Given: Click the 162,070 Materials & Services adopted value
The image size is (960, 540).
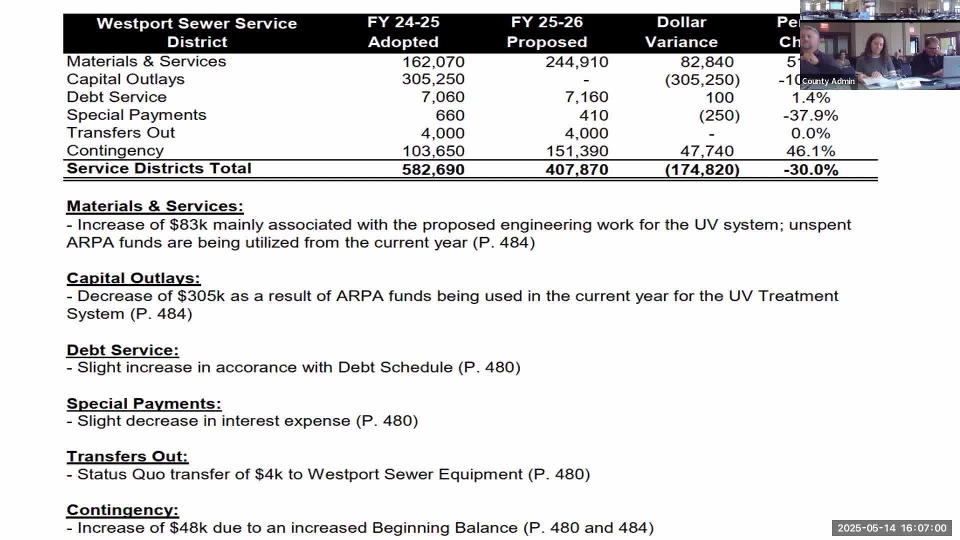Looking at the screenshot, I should coord(433,62).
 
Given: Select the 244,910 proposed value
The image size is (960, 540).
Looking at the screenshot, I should coord(576,62).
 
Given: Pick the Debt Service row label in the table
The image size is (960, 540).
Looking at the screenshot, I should coord(116,97).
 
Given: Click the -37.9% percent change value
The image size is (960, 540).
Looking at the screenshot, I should coord(810,115).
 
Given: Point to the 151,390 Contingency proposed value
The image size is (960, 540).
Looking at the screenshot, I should coord(576,151).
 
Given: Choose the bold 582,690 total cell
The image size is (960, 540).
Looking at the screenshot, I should coord(433,169).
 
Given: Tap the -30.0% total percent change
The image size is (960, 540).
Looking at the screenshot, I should coord(810,169).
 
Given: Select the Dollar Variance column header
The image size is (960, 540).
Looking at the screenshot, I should coord(681,32).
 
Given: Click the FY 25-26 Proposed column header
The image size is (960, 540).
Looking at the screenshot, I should coord(546,32).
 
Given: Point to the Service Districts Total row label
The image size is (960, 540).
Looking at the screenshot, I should coord(159,168).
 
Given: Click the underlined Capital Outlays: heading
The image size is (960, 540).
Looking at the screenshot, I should coord(133,278).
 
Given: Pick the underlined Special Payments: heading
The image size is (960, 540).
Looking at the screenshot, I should coord(144,403).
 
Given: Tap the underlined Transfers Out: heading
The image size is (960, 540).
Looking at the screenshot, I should coord(127,456).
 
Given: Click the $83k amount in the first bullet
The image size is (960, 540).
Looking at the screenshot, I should coord(188,225).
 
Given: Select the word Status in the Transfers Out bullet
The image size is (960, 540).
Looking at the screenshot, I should coord(102,474).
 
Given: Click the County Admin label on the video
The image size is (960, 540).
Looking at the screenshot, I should coord(828,81).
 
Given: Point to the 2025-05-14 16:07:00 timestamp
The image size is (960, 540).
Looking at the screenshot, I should coord(891,528).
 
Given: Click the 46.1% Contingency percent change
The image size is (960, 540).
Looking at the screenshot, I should coord(810,151).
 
